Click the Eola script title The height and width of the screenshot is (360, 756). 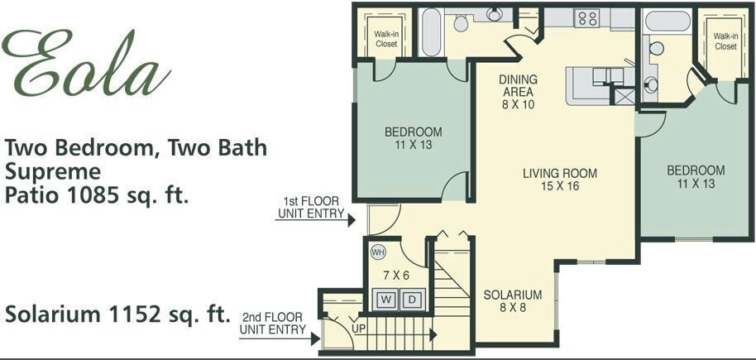click(x=87, y=65)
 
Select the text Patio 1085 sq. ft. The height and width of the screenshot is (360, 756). click(x=97, y=197)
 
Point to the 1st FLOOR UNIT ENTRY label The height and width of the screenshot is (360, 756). click(x=310, y=207)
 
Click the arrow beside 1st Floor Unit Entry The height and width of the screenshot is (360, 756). click(x=351, y=220)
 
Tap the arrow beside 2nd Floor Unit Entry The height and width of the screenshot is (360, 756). click(x=313, y=336)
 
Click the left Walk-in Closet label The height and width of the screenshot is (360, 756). click(x=386, y=39)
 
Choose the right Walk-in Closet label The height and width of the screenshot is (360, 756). click(x=725, y=41)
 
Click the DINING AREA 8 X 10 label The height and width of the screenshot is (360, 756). click(x=518, y=92)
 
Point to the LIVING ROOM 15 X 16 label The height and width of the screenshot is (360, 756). click(x=559, y=180)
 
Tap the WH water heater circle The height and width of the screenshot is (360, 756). click(x=378, y=252)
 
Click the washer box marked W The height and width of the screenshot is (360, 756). click(x=387, y=300)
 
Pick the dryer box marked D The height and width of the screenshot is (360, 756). click(x=412, y=300)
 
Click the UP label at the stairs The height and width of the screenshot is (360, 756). click(x=358, y=329)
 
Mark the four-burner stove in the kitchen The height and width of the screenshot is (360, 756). click(x=586, y=17)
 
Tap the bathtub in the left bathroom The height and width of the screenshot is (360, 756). click(x=431, y=32)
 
